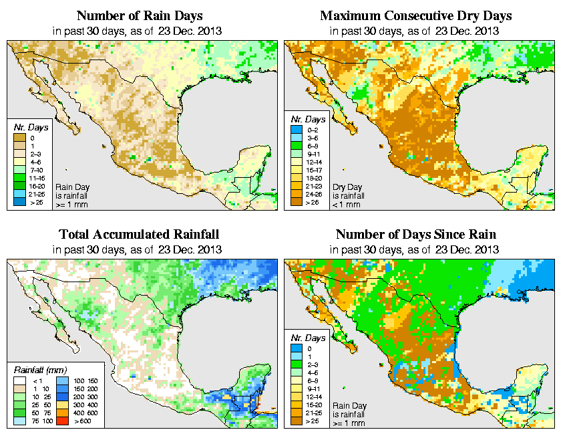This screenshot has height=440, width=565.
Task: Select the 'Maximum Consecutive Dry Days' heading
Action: pyautogui.click(x=415, y=15)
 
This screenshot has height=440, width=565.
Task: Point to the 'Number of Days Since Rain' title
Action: pyautogui.click(x=415, y=235)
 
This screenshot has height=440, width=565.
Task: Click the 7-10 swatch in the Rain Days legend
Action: pyautogui.click(x=18, y=170)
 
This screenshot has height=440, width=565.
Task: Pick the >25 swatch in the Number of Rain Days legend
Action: pyautogui.click(x=18, y=201)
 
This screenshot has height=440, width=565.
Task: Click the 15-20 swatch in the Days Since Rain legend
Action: pyautogui.click(x=296, y=404)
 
